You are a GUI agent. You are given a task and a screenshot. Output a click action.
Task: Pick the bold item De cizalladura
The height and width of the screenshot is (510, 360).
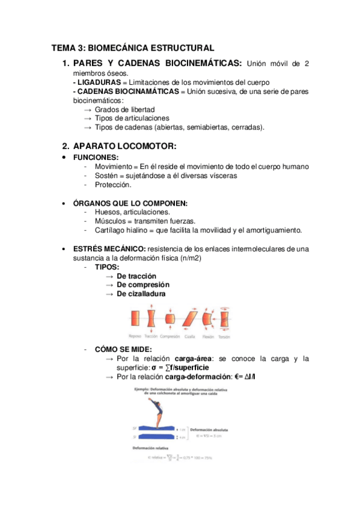tap(141, 293)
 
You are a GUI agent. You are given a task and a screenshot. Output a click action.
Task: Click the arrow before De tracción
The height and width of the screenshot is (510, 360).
tap(109, 275)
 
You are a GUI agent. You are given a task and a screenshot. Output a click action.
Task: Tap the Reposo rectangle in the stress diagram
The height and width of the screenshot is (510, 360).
tap(135, 318)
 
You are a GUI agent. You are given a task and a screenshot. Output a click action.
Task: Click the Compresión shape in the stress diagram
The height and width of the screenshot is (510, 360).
tap(171, 318)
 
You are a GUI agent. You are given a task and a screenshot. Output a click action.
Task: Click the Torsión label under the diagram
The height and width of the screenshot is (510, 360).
tap(224, 336)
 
